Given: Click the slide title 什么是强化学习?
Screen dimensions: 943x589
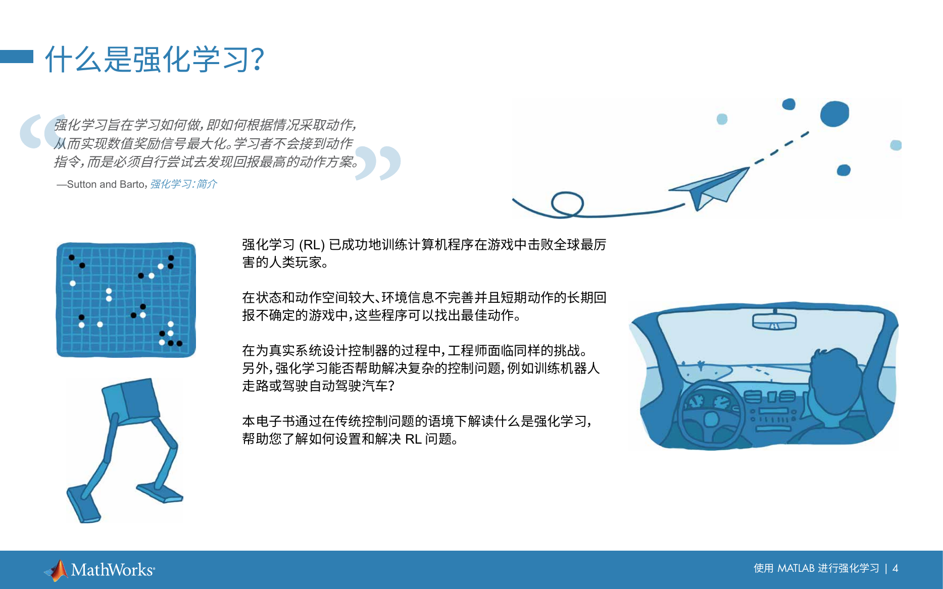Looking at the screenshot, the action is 155,60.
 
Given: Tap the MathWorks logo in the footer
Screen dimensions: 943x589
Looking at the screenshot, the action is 100,570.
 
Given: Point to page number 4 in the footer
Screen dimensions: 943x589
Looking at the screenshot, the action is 895,568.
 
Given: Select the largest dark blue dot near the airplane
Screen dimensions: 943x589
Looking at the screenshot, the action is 834,114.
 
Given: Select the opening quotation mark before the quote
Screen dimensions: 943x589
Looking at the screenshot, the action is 42,131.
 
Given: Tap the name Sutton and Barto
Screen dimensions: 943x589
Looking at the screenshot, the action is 106,184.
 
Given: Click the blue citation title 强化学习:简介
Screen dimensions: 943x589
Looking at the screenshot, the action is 183,184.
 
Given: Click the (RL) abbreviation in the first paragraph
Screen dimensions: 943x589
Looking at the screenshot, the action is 312,245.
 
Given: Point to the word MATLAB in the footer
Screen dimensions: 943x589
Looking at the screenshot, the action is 796,568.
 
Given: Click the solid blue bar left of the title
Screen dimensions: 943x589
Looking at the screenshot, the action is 17,56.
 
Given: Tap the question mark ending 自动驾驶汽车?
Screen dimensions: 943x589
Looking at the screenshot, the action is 391,386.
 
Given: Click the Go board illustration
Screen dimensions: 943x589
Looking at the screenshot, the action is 126,300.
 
